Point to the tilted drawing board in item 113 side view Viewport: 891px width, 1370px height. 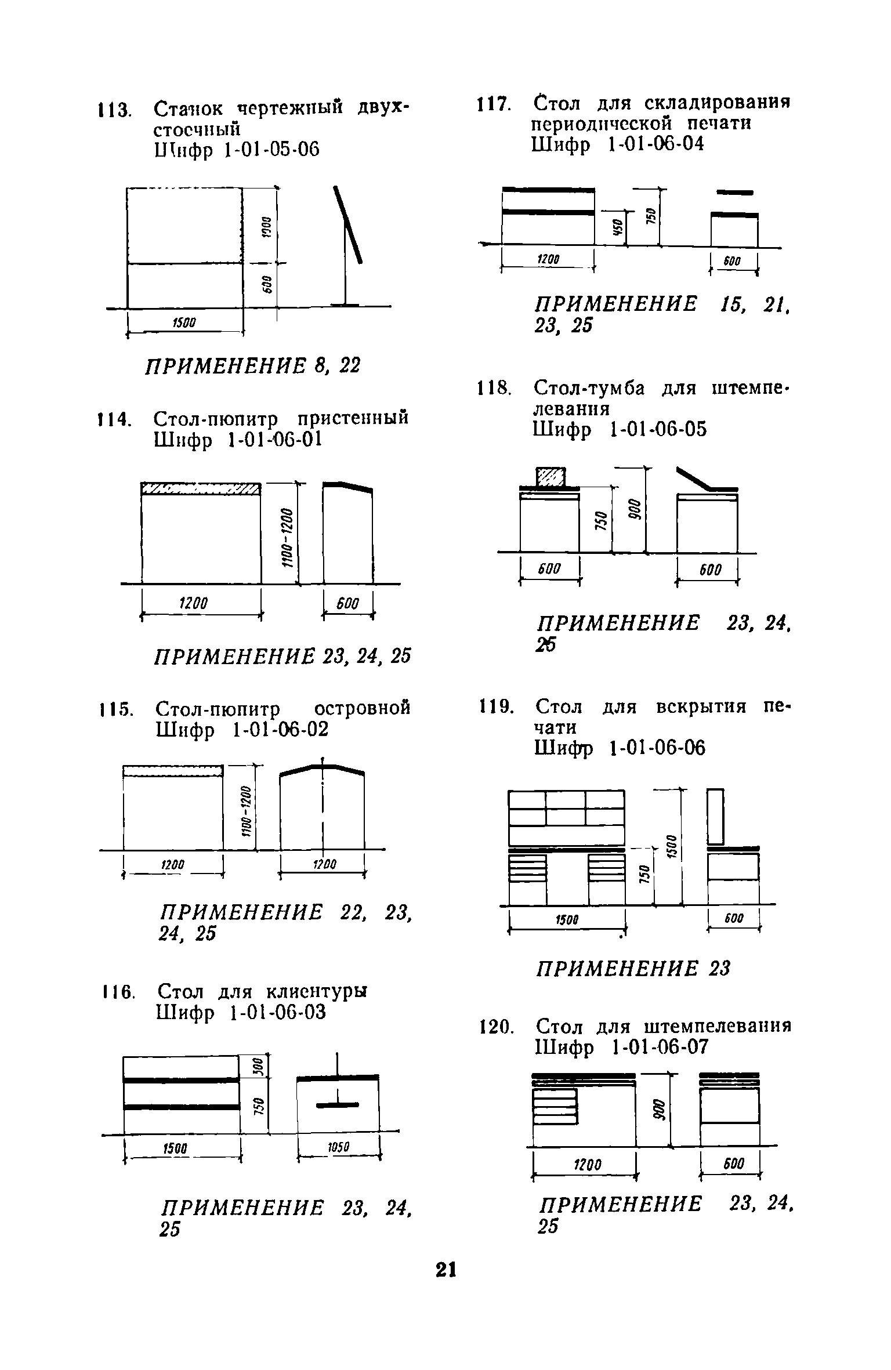pyautogui.click(x=349, y=223)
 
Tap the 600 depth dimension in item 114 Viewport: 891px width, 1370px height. pyautogui.click(x=348, y=604)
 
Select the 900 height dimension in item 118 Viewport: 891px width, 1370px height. pyautogui.click(x=633, y=510)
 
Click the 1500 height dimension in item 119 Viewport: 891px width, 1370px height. pyautogui.click(x=669, y=847)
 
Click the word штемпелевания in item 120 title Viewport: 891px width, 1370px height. pyautogui.click(x=718, y=1027)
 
